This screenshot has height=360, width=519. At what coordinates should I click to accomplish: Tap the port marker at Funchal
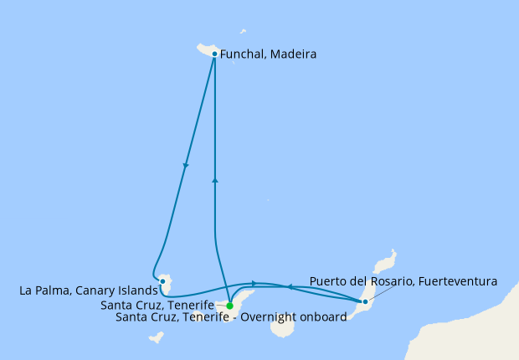tap(215, 54)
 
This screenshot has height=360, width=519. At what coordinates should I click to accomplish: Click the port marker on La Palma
tap(162, 281)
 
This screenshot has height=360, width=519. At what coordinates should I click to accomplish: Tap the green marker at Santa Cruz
tap(229, 306)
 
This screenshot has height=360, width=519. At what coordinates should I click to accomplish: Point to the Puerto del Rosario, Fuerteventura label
tap(403, 281)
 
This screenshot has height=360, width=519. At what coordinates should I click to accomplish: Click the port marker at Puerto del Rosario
tap(365, 301)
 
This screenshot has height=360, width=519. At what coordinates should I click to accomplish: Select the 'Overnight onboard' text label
tap(231, 317)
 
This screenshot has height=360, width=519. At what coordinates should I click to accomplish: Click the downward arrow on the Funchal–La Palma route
tap(185, 166)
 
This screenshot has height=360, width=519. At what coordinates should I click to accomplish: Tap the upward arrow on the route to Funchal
tap(215, 179)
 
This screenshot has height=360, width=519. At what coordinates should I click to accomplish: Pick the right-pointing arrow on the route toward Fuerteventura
tap(253, 283)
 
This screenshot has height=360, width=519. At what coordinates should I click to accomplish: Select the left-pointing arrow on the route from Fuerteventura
tap(289, 286)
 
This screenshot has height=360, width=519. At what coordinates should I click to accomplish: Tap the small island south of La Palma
tap(155, 337)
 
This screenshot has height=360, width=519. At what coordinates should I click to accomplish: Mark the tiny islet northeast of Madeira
tap(243, 33)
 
